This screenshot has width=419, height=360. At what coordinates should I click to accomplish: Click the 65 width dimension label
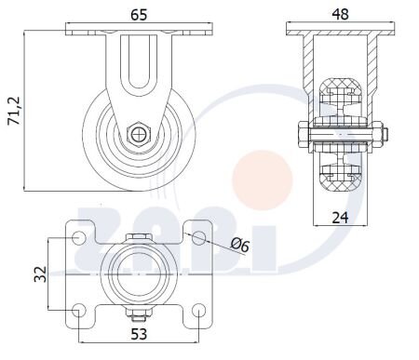(x=138, y=14)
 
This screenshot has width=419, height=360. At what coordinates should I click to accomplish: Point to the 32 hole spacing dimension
(x=39, y=274)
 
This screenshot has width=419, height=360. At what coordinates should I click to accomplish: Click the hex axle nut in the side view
(x=138, y=133)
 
